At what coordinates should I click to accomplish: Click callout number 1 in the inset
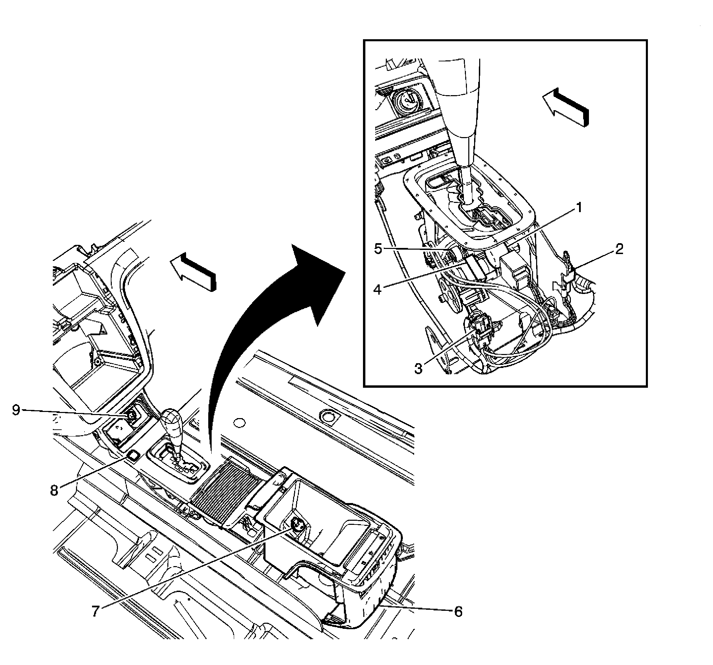[x=578, y=208]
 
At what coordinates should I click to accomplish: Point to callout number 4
[x=377, y=289]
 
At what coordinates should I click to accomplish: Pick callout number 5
[x=378, y=249]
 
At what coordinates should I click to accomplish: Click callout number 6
[x=458, y=611]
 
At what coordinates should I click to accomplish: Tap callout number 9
[x=16, y=410]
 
